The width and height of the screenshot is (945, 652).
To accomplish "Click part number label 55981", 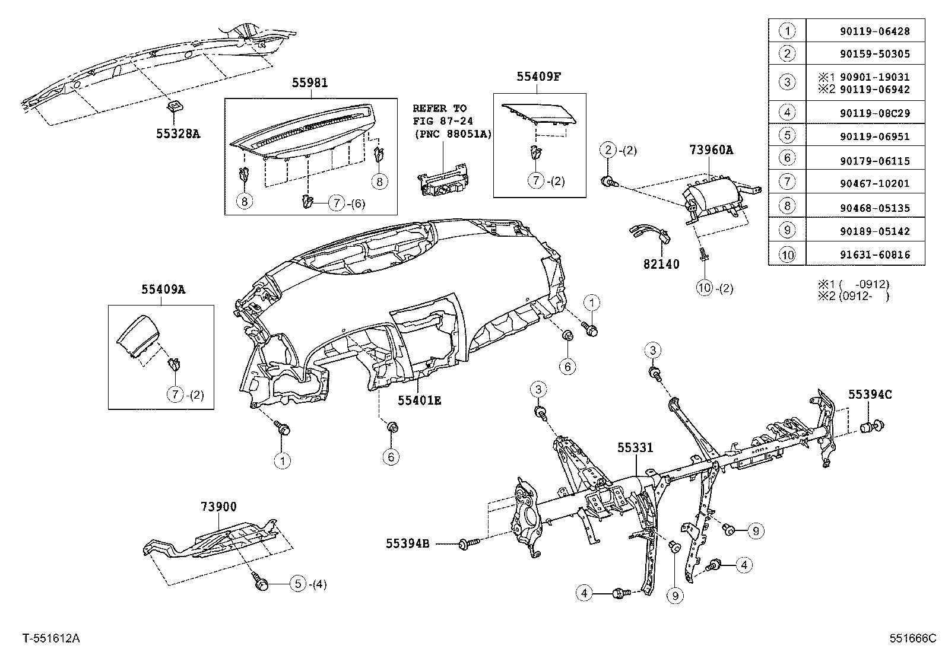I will click(x=310, y=84).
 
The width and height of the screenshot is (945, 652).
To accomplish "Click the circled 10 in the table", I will click(x=787, y=255).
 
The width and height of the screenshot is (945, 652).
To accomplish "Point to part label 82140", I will click(x=661, y=265).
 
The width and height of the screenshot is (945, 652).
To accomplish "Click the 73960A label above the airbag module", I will click(x=711, y=150).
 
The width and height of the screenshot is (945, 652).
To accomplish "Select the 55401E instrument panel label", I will click(x=419, y=400).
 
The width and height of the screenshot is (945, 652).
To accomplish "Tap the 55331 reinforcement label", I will click(x=635, y=447).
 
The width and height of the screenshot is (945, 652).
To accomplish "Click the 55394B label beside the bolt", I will click(x=407, y=543).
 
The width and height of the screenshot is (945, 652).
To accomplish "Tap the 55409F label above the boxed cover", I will click(x=538, y=76).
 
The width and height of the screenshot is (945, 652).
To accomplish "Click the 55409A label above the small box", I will click(x=163, y=290).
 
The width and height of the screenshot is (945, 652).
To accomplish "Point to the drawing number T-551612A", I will click(x=52, y=638).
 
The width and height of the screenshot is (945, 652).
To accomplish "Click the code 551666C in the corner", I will click(x=912, y=638).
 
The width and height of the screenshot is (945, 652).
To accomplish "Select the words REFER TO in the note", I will click(x=440, y=109).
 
